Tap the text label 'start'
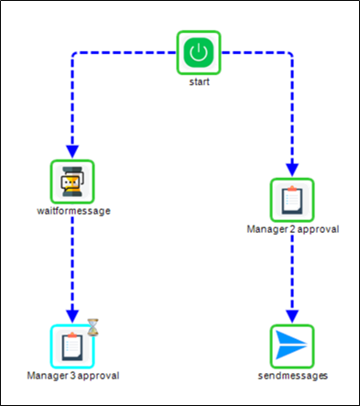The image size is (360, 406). click(x=199, y=82)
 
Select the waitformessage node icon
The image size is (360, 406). click(x=71, y=181)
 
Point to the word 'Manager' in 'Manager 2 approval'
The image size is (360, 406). click(x=267, y=229)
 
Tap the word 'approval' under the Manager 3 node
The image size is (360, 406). click(x=100, y=375)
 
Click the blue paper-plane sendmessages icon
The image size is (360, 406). click(x=292, y=346)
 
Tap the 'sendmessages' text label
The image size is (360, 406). click(x=292, y=375)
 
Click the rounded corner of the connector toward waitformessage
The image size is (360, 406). click(x=74, y=53)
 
